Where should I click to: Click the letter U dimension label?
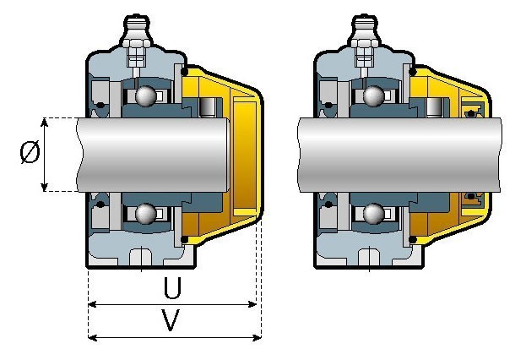click(172, 288)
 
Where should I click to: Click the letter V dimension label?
click(171, 319)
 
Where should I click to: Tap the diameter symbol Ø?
click(30, 152)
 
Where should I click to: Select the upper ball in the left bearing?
click(145, 96)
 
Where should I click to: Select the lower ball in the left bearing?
click(145, 213)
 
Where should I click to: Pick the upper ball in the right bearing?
click(374, 96)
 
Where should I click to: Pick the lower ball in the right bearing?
click(374, 213)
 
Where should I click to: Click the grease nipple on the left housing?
click(136, 31)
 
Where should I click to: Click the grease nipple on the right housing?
click(364, 31)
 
